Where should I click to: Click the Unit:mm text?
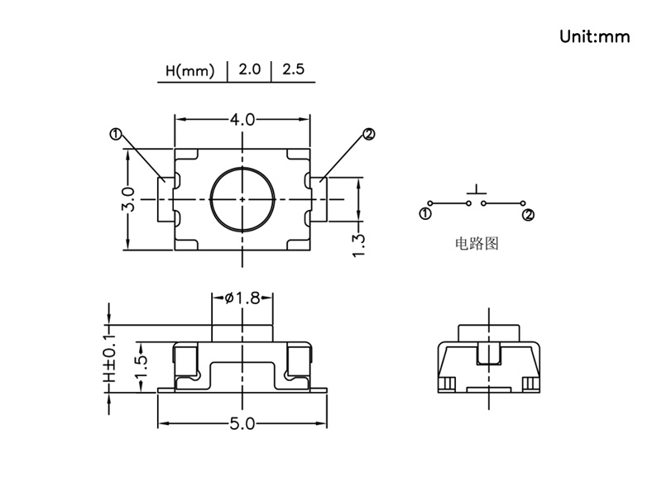click(594, 36)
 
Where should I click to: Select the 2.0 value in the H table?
click(249, 69)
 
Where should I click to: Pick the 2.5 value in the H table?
click(293, 69)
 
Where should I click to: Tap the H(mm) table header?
click(189, 70)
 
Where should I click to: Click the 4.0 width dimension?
click(242, 119)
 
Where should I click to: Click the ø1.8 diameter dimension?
click(242, 298)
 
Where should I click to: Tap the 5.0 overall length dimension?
click(242, 423)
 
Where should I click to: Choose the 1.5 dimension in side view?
click(142, 367)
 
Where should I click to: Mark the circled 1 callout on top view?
click(116, 134)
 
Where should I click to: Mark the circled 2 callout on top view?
click(368, 134)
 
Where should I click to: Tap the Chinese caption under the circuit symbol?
click(477, 243)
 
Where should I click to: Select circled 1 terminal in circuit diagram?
click(425, 214)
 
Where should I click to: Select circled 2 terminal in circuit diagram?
click(528, 215)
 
